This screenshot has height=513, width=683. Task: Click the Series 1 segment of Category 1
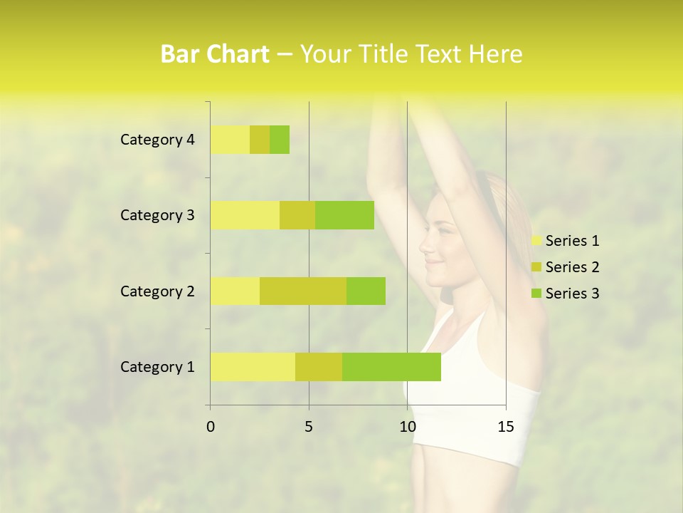(253, 367)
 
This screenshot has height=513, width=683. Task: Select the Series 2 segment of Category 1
(319, 367)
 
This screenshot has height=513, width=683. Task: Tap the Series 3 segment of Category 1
(391, 367)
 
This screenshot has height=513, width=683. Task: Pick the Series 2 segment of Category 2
(303, 291)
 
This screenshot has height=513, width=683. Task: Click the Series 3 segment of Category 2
(366, 291)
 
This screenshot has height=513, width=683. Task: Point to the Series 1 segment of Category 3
(245, 215)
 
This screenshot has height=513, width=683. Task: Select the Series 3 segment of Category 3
(344, 215)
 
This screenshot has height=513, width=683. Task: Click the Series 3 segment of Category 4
(280, 140)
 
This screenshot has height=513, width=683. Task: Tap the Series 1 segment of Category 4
(230, 140)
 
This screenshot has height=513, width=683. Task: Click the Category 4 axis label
(157, 140)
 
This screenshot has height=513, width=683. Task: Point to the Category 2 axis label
(157, 291)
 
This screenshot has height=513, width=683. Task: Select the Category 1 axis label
(157, 367)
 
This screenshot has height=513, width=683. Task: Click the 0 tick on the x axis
(211, 427)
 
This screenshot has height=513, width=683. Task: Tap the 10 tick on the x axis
(407, 427)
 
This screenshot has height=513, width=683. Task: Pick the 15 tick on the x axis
(506, 427)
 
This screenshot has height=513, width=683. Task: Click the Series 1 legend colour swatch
(536, 241)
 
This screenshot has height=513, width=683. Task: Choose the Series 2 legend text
(573, 267)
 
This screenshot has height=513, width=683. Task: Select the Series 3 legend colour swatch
(536, 294)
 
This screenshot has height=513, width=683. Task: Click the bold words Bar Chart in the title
(215, 54)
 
